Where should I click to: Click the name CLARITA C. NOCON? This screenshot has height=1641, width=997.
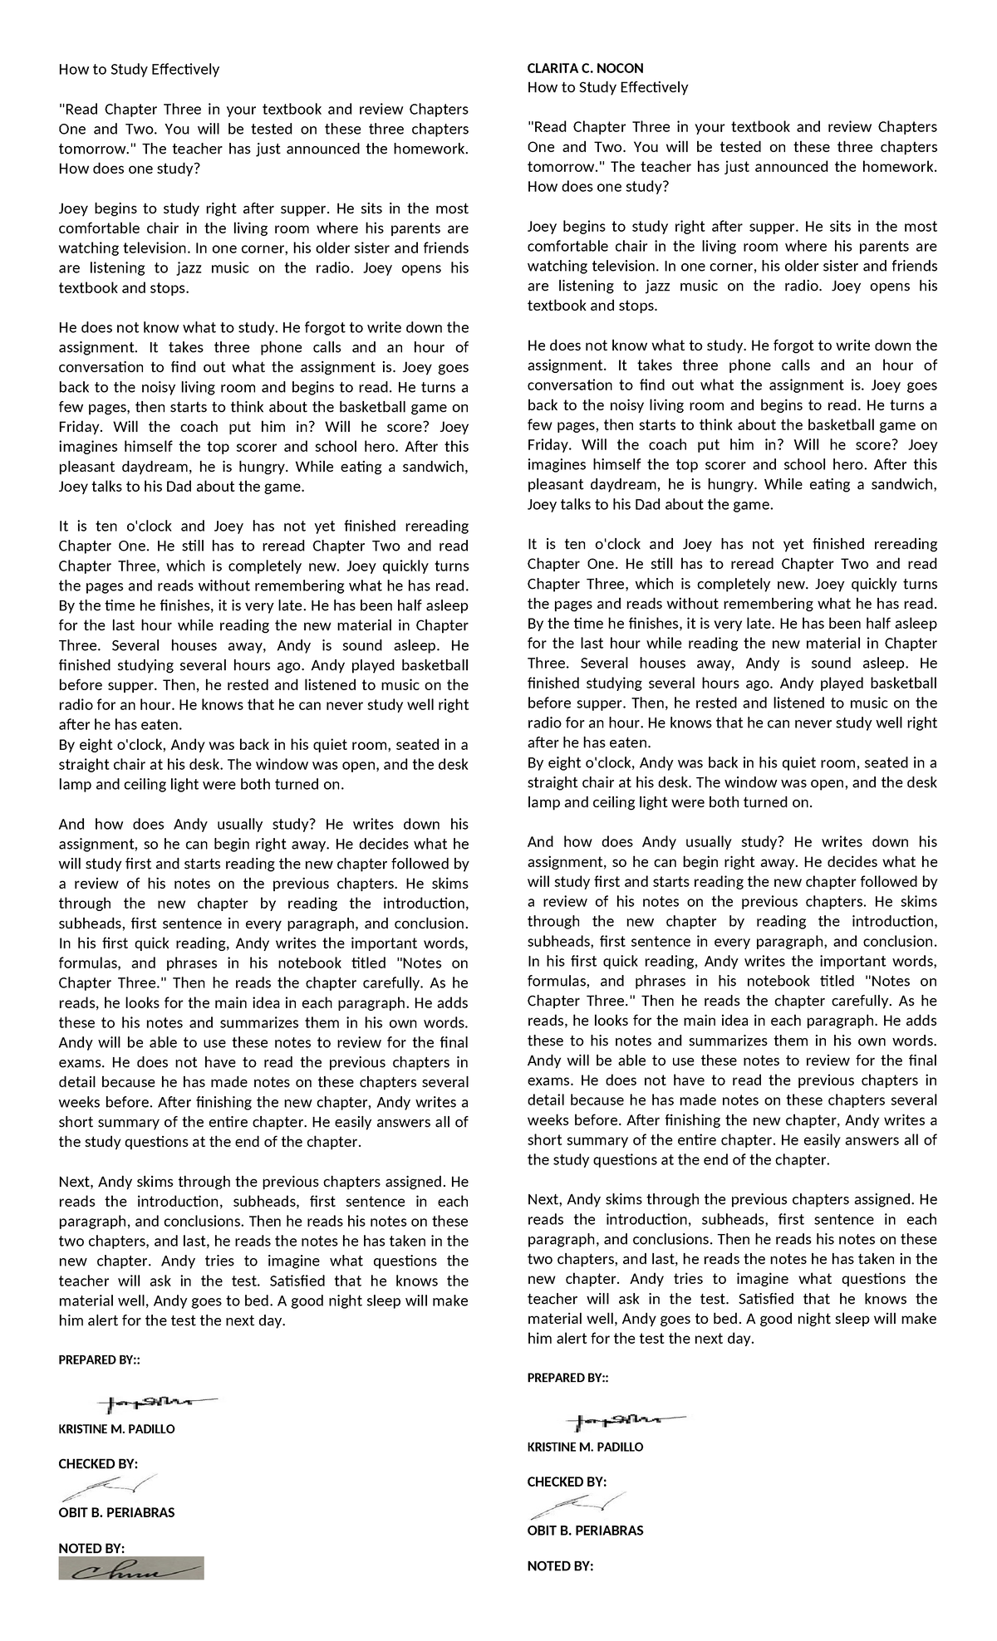click(x=585, y=68)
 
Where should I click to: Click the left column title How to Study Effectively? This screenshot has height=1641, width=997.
click(x=139, y=69)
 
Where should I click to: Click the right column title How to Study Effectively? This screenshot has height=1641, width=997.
click(x=607, y=87)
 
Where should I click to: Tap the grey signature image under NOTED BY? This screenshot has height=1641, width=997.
click(x=131, y=1568)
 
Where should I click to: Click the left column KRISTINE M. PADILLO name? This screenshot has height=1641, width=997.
click(x=116, y=1429)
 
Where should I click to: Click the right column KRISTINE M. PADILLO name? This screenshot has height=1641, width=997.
click(x=585, y=1447)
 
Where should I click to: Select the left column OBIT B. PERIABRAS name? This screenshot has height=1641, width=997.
click(x=116, y=1512)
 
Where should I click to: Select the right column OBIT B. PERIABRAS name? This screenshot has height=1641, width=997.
click(x=585, y=1530)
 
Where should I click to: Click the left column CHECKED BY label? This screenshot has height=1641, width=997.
click(x=97, y=1463)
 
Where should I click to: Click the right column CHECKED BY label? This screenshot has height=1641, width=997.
click(x=567, y=1482)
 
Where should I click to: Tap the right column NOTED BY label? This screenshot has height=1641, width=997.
click(x=560, y=1566)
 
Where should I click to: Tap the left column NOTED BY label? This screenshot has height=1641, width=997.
click(x=91, y=1548)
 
